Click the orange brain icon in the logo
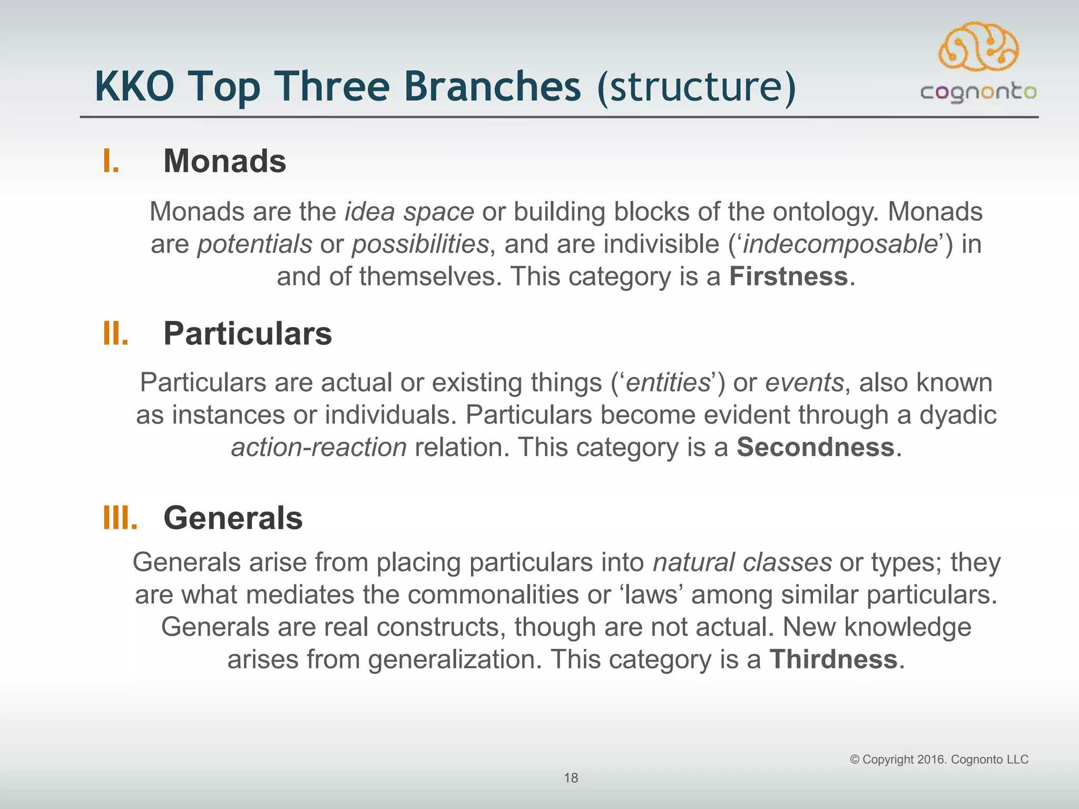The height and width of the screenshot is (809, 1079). (978, 47)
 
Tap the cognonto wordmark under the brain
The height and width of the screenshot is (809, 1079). (978, 93)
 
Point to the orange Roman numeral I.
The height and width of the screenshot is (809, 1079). (111, 161)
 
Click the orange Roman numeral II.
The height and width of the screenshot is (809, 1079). (116, 334)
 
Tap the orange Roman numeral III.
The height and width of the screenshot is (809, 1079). (121, 518)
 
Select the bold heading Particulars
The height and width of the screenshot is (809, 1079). (248, 333)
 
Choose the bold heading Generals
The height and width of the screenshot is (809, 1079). (233, 518)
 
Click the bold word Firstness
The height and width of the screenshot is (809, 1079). (788, 277)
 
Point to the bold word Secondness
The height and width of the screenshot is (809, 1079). (815, 447)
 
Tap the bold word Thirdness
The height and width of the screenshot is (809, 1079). (833, 659)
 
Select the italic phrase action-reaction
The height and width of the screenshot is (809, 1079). (319, 447)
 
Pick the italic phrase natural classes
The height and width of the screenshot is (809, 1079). (742, 562)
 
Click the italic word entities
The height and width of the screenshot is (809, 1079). (668, 382)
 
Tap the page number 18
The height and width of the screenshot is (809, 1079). (571, 778)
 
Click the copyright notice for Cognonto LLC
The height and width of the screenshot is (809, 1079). (939, 759)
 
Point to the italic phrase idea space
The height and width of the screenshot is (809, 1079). (409, 212)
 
